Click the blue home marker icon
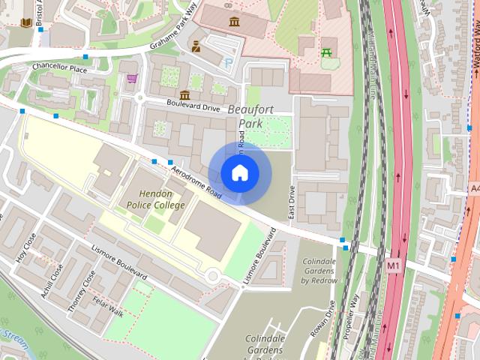239,173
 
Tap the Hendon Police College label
155,199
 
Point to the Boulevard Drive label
193,107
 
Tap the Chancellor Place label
60,68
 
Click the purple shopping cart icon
132,78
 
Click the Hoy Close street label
25,247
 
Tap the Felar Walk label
108,308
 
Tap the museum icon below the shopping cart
184,95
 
